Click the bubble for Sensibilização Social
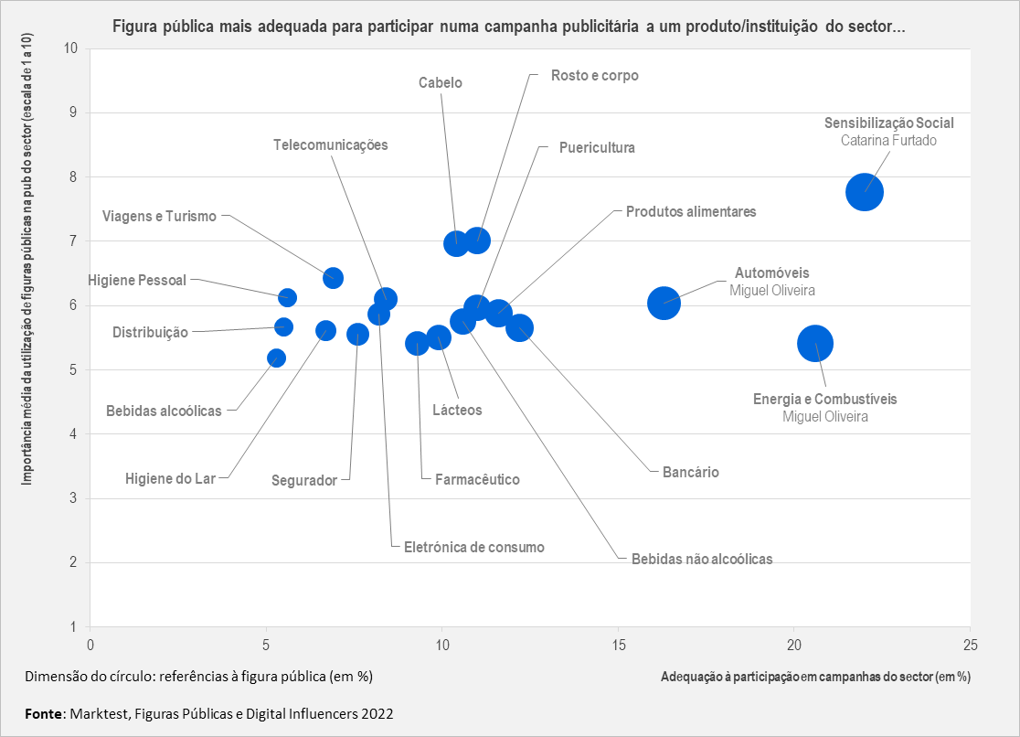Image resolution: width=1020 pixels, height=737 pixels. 865,192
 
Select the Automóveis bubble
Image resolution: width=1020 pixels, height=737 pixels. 664,303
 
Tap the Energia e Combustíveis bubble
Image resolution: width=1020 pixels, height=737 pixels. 815,344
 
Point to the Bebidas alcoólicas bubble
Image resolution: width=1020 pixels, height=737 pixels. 276,358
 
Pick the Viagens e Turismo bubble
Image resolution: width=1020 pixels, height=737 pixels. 333,278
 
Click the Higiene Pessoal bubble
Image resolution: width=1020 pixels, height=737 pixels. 287,297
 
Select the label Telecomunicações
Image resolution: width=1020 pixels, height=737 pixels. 331,144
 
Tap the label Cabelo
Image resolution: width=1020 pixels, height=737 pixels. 441,83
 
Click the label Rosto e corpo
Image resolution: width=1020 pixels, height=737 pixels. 594,75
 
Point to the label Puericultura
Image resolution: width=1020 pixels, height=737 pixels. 597,147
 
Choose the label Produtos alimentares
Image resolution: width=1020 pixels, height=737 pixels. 691,211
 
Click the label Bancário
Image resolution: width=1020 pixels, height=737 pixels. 691,473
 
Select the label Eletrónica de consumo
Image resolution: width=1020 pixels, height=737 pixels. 473,547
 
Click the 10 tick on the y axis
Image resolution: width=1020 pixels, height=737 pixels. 72,48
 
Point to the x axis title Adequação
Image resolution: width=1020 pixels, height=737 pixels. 814,677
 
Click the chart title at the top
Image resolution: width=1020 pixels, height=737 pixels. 508,26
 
